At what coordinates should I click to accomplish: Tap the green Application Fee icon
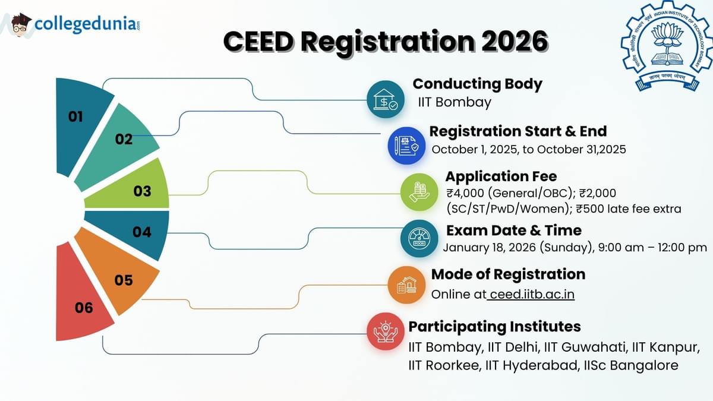(419, 192)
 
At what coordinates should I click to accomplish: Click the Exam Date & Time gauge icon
(419, 238)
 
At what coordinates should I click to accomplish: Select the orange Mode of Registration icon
(406, 285)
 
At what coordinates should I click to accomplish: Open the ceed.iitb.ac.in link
(531, 294)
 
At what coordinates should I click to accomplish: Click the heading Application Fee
(501, 176)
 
